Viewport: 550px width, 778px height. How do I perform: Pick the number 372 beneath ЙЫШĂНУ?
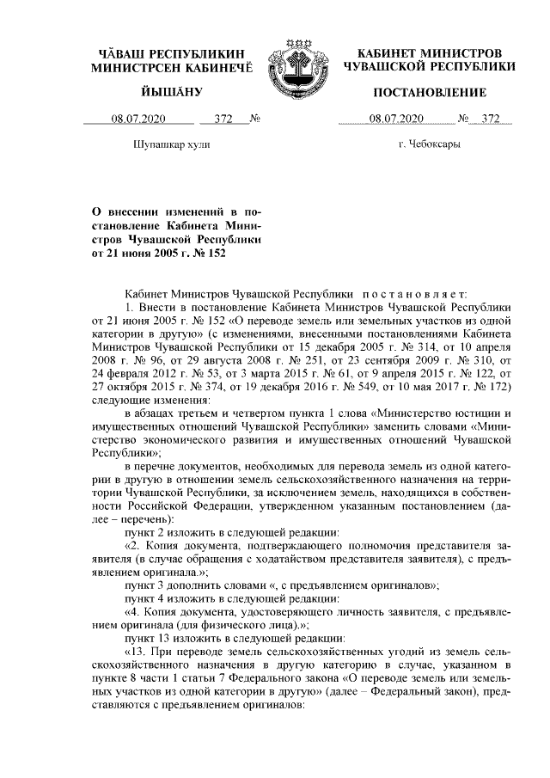pos(223,118)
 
